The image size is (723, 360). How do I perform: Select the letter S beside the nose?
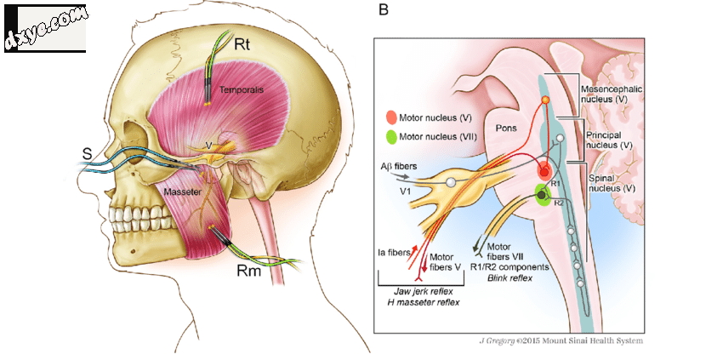(87, 155)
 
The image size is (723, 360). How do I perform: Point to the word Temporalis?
(238, 89)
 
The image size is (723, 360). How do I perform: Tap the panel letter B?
(384, 11)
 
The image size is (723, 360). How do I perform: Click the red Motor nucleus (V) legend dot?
(390, 117)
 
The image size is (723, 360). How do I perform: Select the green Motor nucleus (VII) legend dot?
(390, 135)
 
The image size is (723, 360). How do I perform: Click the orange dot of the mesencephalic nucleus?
(545, 100)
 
